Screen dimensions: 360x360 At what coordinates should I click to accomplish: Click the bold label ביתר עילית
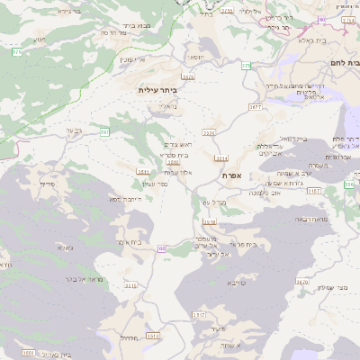tap(158, 91)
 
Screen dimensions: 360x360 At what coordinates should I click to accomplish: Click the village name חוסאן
tap(196, 58)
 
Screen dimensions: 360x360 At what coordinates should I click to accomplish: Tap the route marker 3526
tap(209, 133)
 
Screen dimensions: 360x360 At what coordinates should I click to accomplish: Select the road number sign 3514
tap(221, 157)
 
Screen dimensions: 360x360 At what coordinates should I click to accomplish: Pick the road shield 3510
tap(131, 285)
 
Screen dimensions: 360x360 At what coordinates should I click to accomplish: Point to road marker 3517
tap(198, 315)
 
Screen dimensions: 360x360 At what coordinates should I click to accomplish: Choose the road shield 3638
tap(210, 220)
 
